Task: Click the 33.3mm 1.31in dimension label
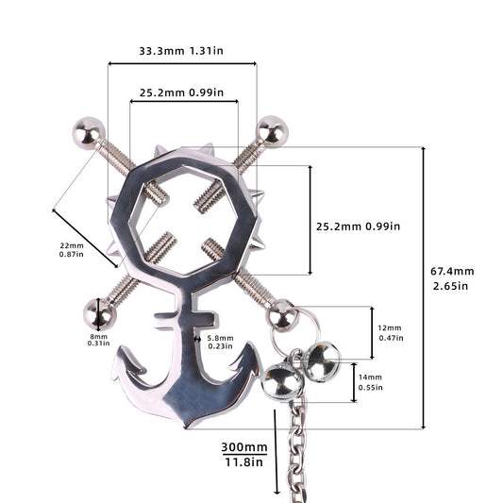click(x=181, y=51)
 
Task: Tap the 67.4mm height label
click(x=452, y=278)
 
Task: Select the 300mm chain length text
click(x=244, y=447)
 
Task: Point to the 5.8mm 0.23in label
click(x=221, y=342)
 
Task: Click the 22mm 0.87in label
click(x=71, y=250)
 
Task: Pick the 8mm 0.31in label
click(x=98, y=340)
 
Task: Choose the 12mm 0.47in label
click(x=391, y=333)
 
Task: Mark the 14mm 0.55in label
click(x=371, y=382)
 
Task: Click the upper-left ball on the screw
click(x=89, y=133)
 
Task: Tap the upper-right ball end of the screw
click(x=273, y=131)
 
